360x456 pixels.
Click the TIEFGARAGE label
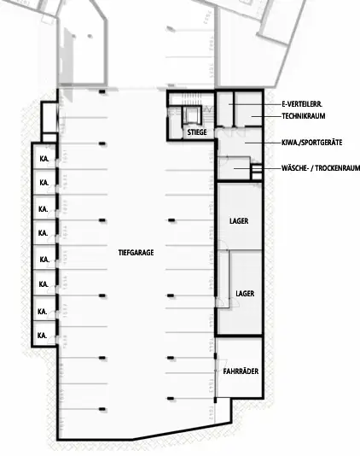(x=136, y=252)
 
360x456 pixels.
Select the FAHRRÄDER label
(x=241, y=371)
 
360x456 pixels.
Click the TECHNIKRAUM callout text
(x=303, y=116)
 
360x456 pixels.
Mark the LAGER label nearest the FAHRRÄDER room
(x=245, y=293)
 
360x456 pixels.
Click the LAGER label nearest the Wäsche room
(x=239, y=221)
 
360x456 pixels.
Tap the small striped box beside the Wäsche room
(x=256, y=175)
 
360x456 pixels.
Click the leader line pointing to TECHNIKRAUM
(x=256, y=116)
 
